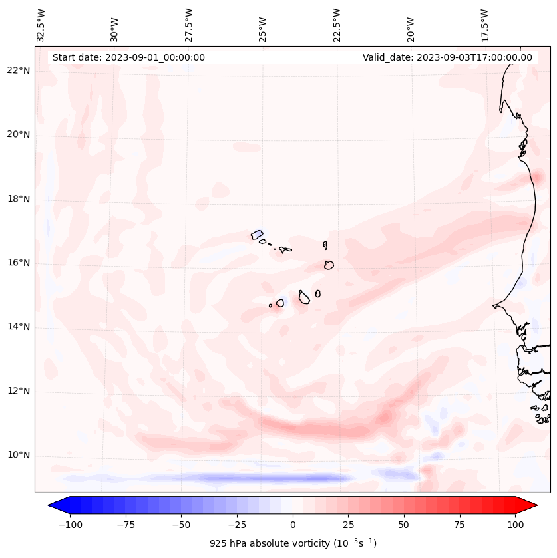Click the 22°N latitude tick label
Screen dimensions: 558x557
(18, 71)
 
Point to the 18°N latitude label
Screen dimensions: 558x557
(18, 199)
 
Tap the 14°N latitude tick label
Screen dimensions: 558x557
(18, 327)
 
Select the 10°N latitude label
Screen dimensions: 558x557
(18, 456)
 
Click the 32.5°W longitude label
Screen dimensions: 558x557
(41, 25)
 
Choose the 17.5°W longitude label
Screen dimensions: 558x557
(484, 25)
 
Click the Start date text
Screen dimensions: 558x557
(128, 57)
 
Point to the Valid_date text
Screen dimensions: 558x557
(447, 57)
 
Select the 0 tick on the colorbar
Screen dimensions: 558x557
(293, 525)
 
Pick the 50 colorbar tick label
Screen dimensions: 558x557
(404, 525)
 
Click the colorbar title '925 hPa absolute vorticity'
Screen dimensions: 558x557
(293, 543)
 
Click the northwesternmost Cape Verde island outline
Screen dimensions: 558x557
(257, 235)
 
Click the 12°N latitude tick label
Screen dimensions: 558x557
(18, 391)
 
